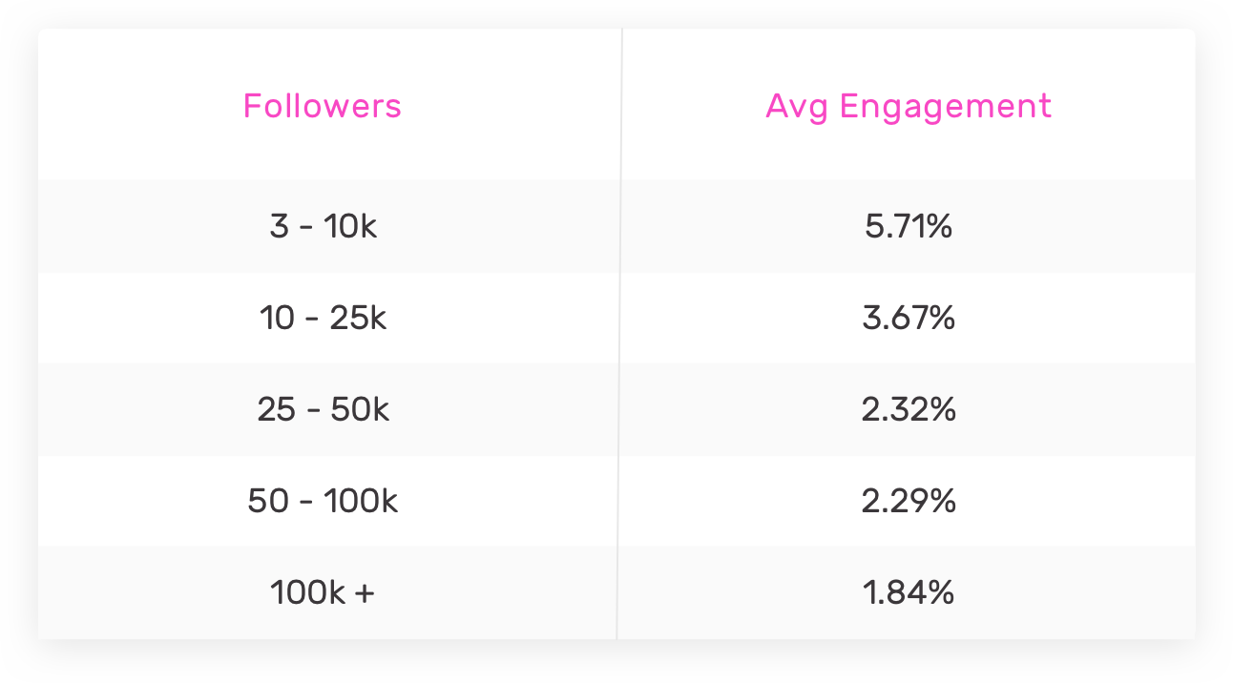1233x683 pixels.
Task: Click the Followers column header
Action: coord(323,105)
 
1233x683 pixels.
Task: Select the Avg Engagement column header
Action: coord(909,106)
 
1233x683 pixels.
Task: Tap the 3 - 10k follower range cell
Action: coord(323,228)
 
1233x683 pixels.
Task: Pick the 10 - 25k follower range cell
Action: coord(323,318)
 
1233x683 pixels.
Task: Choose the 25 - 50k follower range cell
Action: coord(323,409)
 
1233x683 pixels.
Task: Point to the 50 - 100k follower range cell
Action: coord(323,501)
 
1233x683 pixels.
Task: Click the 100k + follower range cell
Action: coord(323,592)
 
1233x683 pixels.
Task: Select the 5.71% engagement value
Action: coord(909,228)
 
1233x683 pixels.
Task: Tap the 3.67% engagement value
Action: coord(909,318)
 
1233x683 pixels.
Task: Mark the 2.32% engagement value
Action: coord(909,409)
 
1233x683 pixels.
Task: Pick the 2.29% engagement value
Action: coord(909,501)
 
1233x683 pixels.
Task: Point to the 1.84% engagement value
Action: coord(909,592)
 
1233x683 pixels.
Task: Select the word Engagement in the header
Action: coord(945,106)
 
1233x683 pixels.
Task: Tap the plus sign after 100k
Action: coord(364,593)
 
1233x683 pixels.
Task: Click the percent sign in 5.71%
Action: coord(938,228)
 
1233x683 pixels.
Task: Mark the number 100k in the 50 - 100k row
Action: coord(360,501)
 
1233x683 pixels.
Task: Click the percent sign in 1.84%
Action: coord(939,592)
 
